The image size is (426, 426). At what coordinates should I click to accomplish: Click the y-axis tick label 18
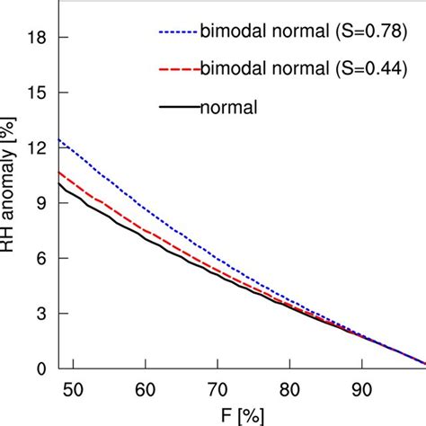[x=33, y=38]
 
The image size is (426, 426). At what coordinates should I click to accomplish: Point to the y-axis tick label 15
[x=33, y=93]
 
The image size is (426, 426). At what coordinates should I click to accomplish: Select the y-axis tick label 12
[x=33, y=148]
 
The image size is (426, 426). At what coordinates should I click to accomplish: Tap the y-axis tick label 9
[x=38, y=203]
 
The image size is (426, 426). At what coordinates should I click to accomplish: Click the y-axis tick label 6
[x=38, y=258]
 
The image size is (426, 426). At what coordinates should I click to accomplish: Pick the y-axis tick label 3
[x=38, y=314]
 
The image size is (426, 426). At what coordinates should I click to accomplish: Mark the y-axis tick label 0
[x=38, y=368]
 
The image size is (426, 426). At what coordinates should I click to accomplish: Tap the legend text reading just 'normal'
[x=227, y=107]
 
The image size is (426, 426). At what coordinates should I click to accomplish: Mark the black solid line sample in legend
[x=179, y=108]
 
